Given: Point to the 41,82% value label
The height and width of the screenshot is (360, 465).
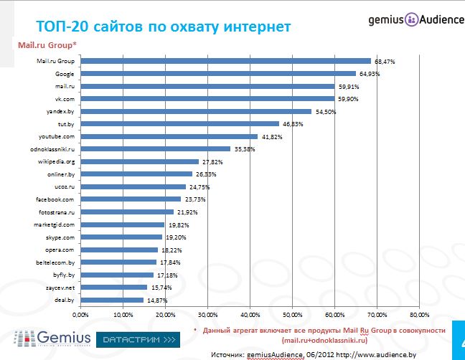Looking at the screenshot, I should [x=271, y=136].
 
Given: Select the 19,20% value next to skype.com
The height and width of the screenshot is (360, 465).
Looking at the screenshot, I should [x=175, y=237].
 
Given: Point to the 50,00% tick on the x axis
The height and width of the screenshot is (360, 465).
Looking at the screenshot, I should [x=293, y=315].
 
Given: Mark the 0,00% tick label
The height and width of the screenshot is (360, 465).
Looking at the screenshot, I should [x=80, y=315].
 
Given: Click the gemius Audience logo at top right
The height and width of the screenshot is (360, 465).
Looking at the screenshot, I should [x=415, y=19].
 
